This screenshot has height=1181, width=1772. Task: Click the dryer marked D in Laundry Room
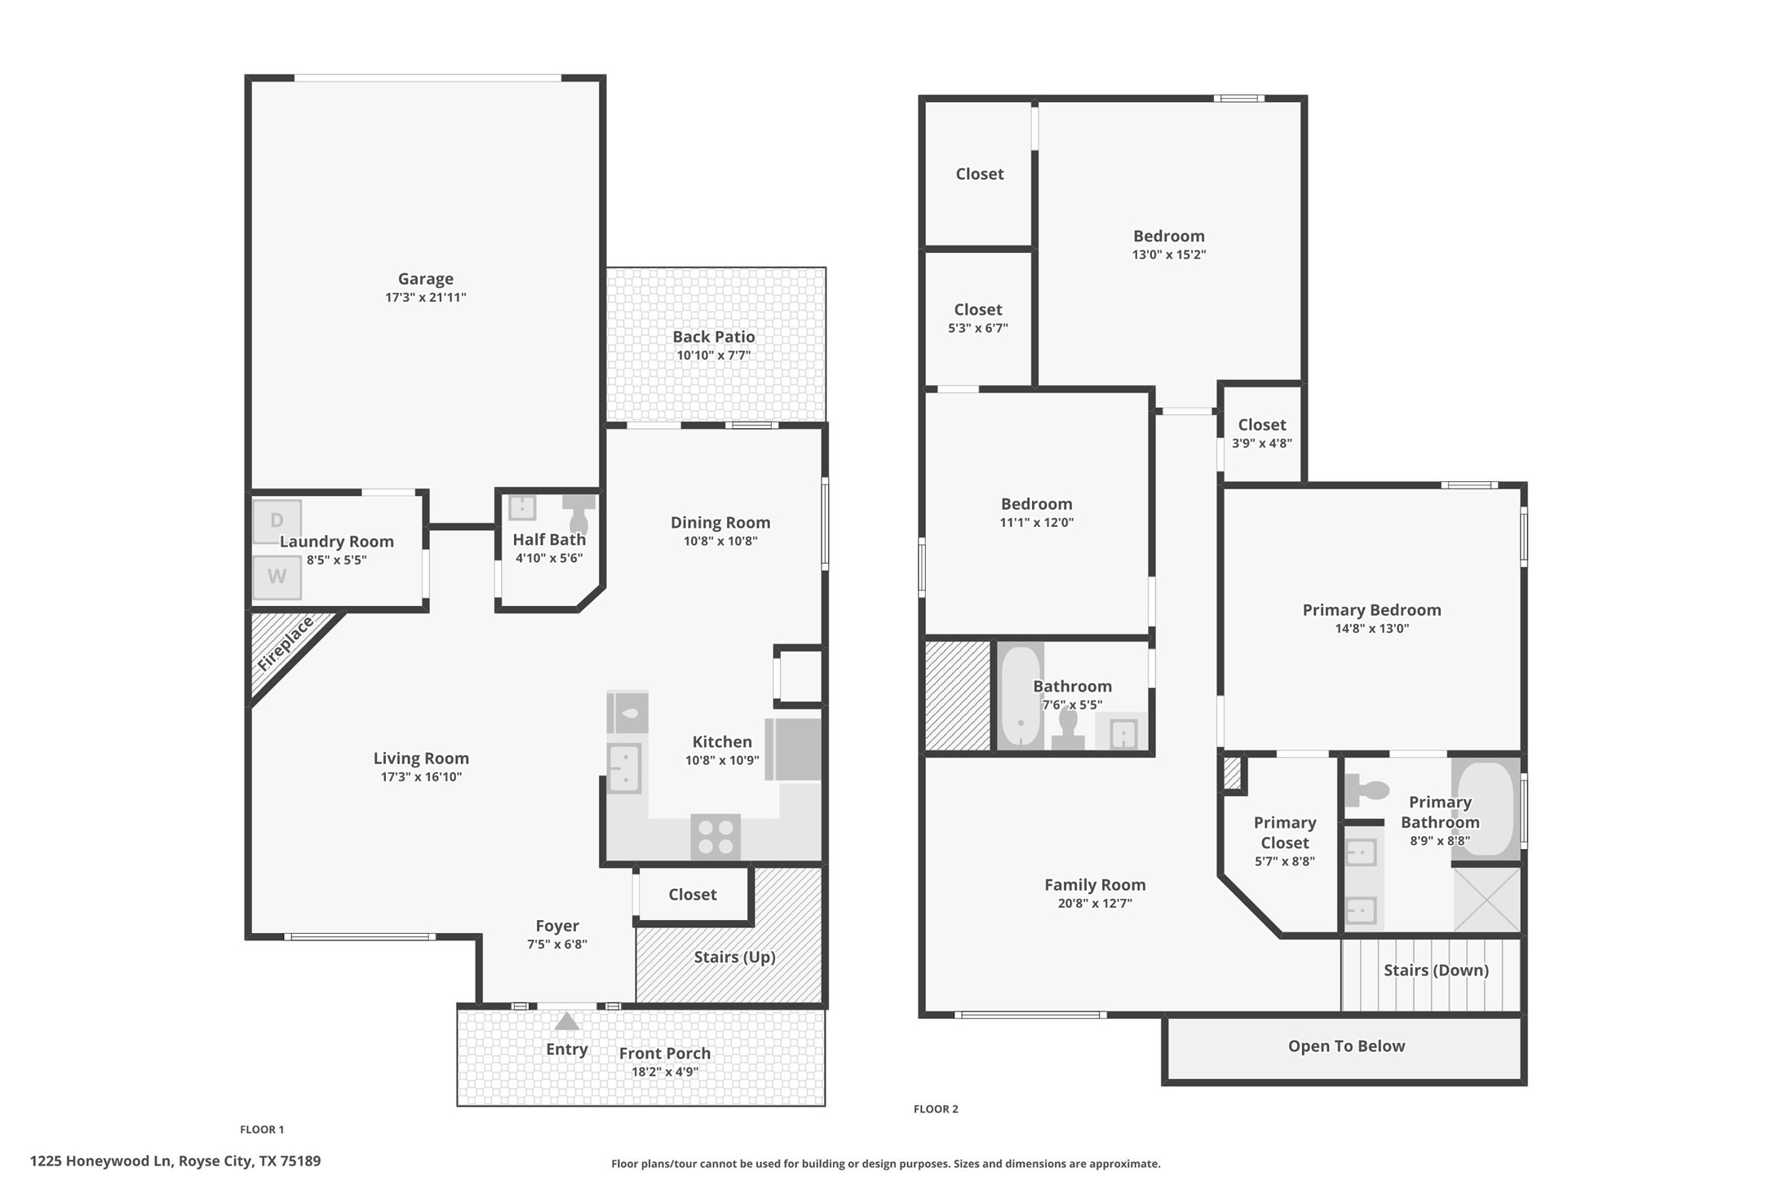click(277, 520)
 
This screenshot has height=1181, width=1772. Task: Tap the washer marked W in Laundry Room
click(277, 577)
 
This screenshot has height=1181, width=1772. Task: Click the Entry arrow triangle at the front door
click(567, 1022)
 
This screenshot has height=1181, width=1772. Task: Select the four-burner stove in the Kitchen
click(715, 837)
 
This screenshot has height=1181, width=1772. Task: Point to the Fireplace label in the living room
click(285, 644)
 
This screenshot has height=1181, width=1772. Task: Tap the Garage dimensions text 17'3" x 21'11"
click(425, 298)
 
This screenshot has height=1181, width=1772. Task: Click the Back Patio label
click(713, 337)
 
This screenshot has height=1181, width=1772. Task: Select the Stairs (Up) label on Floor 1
click(734, 957)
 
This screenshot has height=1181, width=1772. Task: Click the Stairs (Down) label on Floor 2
click(1436, 970)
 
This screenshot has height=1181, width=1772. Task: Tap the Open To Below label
click(1346, 1046)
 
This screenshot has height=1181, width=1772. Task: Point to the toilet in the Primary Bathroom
click(1369, 790)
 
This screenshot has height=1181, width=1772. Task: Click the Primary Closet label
click(1284, 832)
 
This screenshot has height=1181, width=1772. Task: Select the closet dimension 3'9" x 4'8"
click(1261, 444)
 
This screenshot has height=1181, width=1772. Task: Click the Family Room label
click(1095, 885)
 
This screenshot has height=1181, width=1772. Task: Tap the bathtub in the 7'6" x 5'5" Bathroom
click(1020, 695)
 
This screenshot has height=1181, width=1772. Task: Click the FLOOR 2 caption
click(936, 1109)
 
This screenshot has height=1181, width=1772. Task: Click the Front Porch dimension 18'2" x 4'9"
click(664, 1072)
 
